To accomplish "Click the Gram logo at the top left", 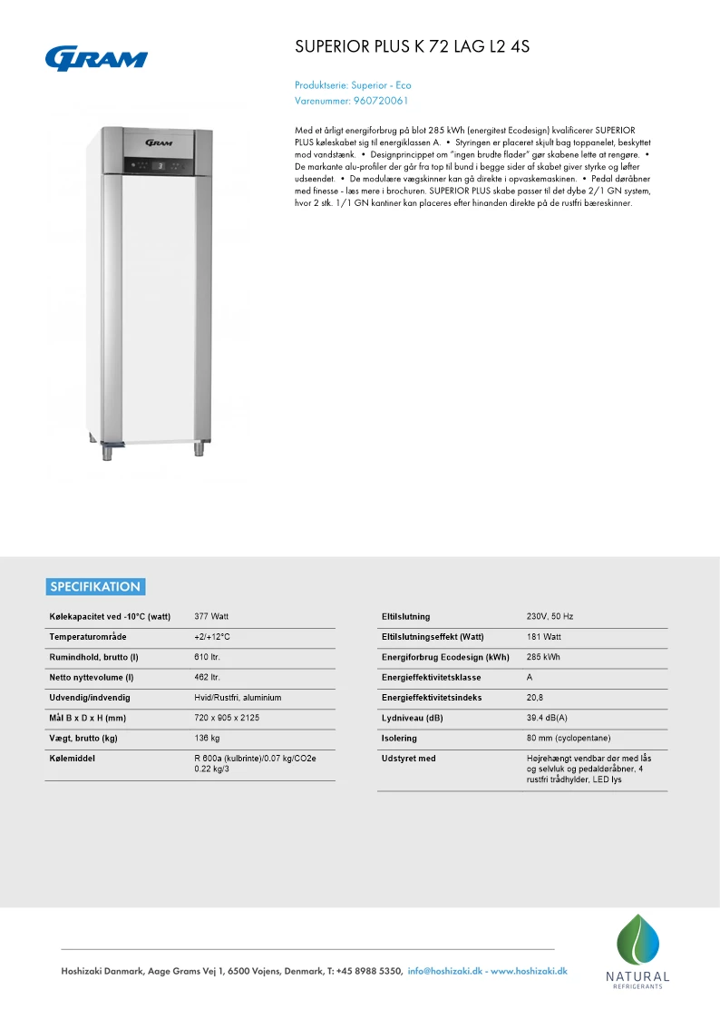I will tap(97, 58).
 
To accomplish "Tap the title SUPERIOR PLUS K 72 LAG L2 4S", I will tap(413, 46).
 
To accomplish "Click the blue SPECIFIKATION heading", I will tap(95, 586).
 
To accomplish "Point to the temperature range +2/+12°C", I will tap(212, 637).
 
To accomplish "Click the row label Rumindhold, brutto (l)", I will tap(93, 657).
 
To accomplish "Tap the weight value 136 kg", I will tap(208, 738).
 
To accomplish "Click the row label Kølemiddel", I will tap(73, 759).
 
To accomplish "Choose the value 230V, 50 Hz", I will tap(550, 617).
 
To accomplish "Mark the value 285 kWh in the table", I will tap(543, 657).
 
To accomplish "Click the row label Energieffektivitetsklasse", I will tap(432, 678).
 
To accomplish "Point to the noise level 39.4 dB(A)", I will tap(547, 718).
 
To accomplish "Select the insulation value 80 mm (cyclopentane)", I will tap(568, 738).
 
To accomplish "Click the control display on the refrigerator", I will tap(159, 164).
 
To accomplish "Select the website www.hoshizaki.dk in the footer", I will tap(529, 971).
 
